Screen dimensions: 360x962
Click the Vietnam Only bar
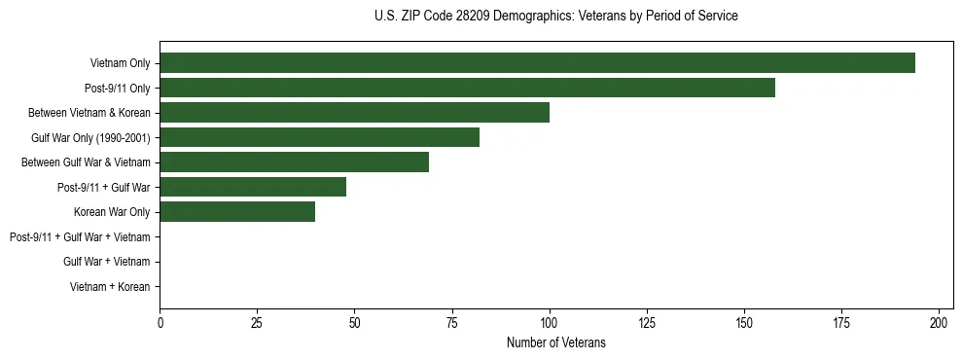pos(537,62)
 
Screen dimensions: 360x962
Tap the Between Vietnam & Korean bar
pos(354,112)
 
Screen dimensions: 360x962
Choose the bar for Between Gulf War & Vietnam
pos(294,162)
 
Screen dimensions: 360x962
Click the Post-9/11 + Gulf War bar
pos(253,187)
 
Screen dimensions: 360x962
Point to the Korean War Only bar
pos(237,211)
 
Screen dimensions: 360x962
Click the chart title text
pos(555,17)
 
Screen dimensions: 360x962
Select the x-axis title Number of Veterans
pos(555,342)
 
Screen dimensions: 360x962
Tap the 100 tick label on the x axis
pos(550,321)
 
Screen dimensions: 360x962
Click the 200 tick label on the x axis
pos(939,321)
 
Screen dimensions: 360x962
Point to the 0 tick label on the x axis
pos(160,321)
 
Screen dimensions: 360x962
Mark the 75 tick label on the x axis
pos(452,321)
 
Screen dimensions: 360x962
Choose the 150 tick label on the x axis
pos(744,321)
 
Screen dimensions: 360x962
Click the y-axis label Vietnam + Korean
pos(110,287)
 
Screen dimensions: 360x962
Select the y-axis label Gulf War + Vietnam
pos(106,262)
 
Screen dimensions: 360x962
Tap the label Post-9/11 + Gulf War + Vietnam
pos(80,237)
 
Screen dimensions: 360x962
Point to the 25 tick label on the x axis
pos(258,321)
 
